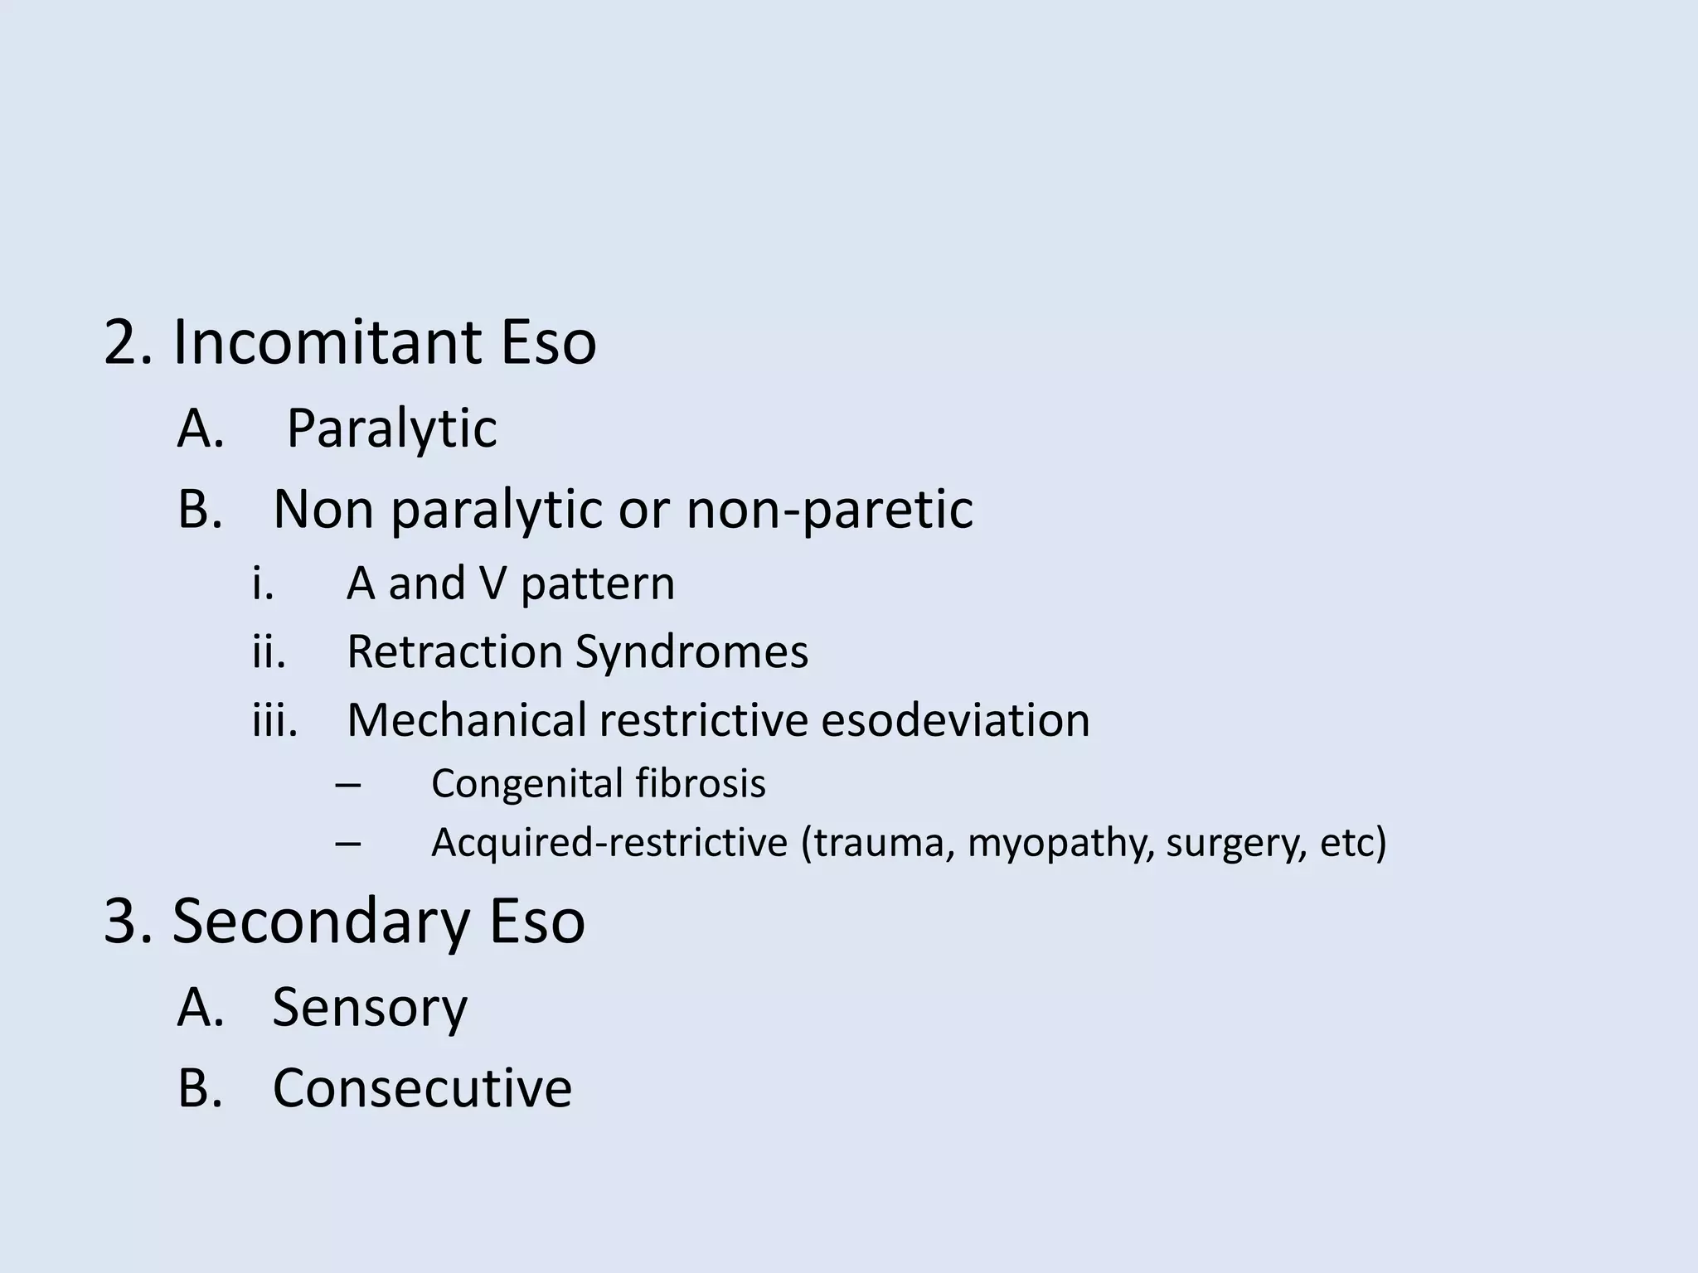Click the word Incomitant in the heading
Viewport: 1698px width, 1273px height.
[327, 341]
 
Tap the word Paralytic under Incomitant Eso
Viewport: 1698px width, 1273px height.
[391, 428]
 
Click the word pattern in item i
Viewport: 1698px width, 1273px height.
[598, 583]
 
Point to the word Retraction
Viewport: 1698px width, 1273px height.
[454, 651]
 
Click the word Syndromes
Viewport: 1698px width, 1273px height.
[692, 651]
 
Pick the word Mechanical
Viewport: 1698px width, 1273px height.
[466, 719]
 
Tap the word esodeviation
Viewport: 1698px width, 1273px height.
[955, 719]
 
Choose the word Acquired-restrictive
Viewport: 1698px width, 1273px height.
[609, 844]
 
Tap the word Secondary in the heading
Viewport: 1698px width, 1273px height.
[321, 922]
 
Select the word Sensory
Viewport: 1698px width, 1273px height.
[370, 1008]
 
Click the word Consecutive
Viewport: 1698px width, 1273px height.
[422, 1087]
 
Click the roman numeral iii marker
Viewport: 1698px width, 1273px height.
[274, 719]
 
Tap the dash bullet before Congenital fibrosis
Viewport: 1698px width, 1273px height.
[348, 784]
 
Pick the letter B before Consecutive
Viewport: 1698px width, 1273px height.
[200, 1087]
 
